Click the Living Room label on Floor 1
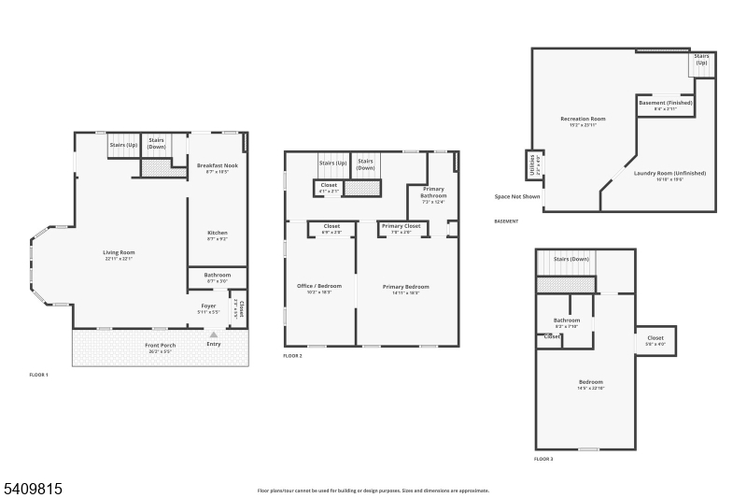[120, 252]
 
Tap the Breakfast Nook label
[218, 165]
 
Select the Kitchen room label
[218, 233]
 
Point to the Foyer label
[209, 306]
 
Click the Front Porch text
[160, 346]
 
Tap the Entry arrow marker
[213, 334]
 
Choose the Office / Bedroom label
[319, 285]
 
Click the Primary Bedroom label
[406, 286]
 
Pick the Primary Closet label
[402, 226]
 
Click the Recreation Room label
[583, 119]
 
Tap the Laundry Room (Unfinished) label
[669, 173]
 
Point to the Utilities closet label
[534, 165]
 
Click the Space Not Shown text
[517, 197]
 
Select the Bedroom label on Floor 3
[590, 381]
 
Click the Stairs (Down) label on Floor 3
[571, 259]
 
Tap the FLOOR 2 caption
[292, 356]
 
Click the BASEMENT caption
[506, 221]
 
